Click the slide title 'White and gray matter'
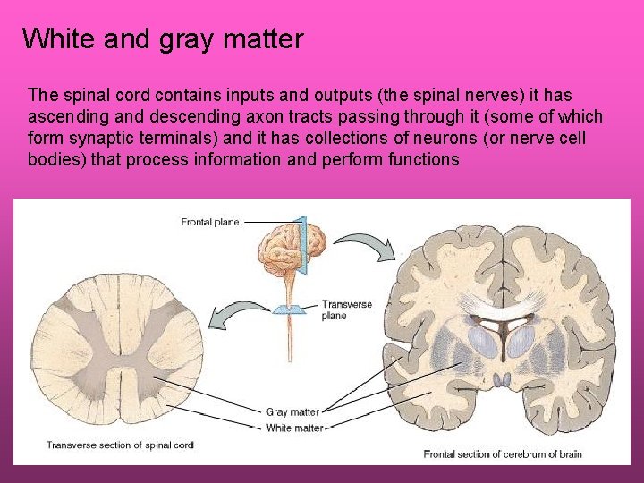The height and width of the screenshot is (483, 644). point(163,39)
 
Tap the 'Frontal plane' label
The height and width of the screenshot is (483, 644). point(210,222)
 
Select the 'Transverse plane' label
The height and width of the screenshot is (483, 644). point(347,309)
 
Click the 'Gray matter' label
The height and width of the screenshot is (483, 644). point(292,411)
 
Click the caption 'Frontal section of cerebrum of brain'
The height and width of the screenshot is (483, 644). point(502,453)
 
